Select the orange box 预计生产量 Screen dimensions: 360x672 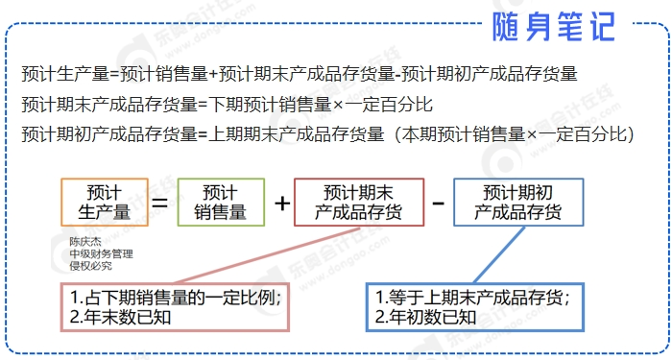pyautogui.click(x=104, y=202)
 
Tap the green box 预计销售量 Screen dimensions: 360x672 pyautogui.click(x=220, y=202)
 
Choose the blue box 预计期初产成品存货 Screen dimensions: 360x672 pyautogui.click(x=517, y=202)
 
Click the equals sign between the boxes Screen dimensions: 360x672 pyautogui.click(x=161, y=203)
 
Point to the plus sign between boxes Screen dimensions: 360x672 pyautogui.click(x=282, y=203)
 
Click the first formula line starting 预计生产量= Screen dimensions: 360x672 pyautogui.click(x=298, y=73)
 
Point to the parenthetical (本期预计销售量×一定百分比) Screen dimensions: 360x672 pyautogui.click(x=514, y=134)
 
